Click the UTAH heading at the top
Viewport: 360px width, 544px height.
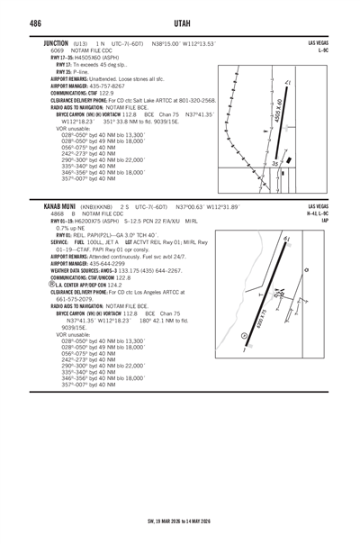(x=180, y=23)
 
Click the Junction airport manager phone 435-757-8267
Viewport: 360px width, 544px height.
(x=107, y=85)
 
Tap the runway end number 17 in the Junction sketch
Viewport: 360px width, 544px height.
(x=287, y=83)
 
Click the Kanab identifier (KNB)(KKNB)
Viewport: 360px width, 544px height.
(x=96, y=206)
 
